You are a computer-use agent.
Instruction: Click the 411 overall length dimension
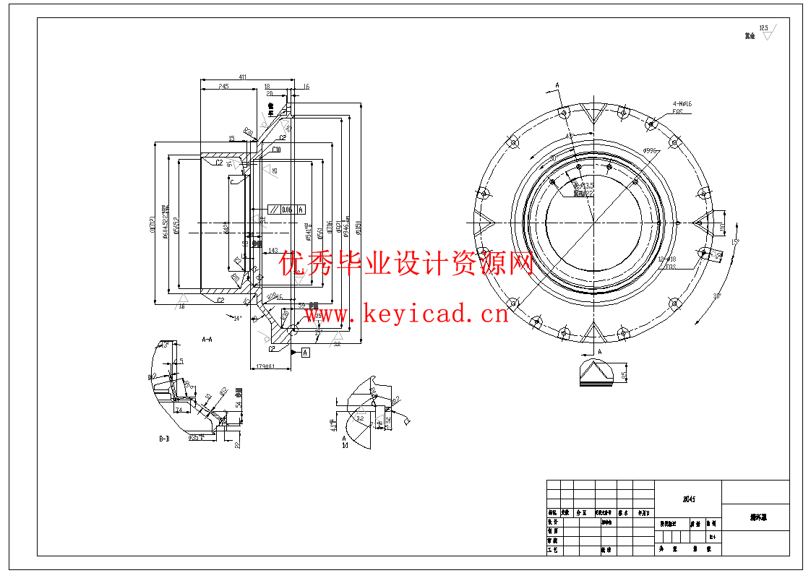(243, 76)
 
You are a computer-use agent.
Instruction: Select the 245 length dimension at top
(223, 86)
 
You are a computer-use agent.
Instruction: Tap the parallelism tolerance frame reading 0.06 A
(286, 210)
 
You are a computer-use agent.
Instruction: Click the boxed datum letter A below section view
(304, 352)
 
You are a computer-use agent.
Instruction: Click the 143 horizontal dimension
(273, 251)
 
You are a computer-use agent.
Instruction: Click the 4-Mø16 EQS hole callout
(682, 108)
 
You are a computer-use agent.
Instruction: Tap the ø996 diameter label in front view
(649, 151)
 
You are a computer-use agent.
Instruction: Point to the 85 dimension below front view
(625, 374)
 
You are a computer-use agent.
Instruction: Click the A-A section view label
(207, 338)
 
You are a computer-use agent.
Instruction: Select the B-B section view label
(164, 438)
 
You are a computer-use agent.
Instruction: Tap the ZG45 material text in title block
(688, 499)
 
